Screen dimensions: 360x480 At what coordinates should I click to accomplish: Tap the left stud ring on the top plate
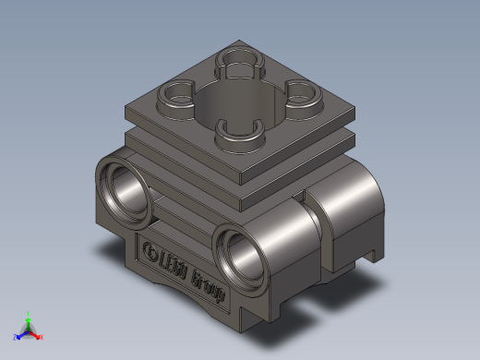point(176,93)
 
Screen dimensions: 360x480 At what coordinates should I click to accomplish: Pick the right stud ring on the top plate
point(301,92)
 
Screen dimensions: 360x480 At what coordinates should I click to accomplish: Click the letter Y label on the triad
point(29,312)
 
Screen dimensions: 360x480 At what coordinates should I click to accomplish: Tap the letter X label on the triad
point(42,337)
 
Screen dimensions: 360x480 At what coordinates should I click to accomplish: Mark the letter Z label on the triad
point(15,338)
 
